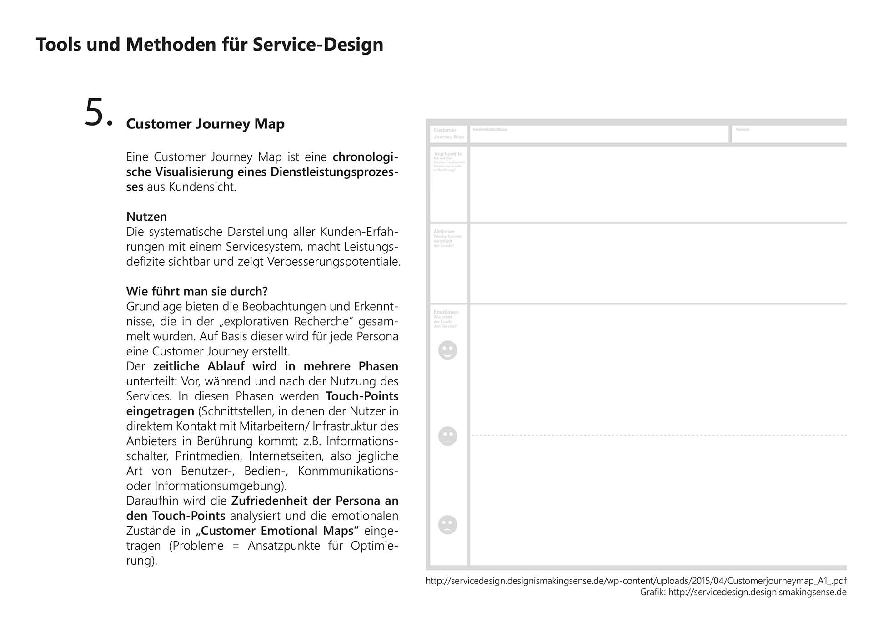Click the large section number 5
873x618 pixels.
(x=98, y=112)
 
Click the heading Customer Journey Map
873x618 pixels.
(x=205, y=124)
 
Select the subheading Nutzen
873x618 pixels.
(x=146, y=217)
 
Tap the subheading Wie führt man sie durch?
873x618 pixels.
(x=197, y=291)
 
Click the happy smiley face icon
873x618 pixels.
(x=447, y=350)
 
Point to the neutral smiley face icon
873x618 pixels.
(x=447, y=436)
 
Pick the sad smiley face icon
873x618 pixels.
(x=447, y=524)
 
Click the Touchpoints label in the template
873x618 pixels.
(x=447, y=154)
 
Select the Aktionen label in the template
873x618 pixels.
(x=444, y=232)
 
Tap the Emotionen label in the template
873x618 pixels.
(x=446, y=312)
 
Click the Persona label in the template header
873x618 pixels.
(x=743, y=130)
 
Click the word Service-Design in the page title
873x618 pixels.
(x=318, y=45)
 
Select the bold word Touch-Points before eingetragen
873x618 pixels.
(x=362, y=396)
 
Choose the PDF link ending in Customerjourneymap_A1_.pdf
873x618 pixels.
(x=636, y=581)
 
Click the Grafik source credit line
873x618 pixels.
(x=743, y=592)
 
